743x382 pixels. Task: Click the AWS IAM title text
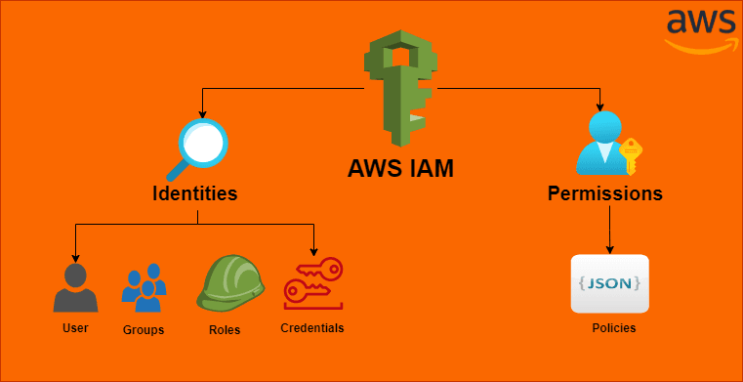tap(400, 169)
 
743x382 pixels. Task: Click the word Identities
tap(195, 193)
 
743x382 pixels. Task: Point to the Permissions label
tap(604, 193)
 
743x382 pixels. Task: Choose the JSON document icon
tap(609, 283)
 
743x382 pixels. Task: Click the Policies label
tap(613, 328)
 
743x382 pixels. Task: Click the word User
tap(75, 327)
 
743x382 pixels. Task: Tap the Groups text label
tap(144, 330)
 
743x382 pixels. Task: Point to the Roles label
tap(225, 330)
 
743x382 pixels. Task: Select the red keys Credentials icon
tap(312, 283)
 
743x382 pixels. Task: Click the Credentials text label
tap(312, 327)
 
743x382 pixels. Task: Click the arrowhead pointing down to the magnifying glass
tap(203, 110)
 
